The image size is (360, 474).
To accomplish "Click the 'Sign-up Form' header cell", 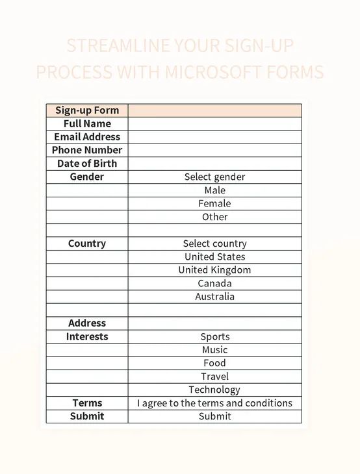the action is (x=87, y=110).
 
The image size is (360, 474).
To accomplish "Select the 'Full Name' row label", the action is (x=87, y=123).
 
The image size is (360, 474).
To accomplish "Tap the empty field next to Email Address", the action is (x=214, y=137).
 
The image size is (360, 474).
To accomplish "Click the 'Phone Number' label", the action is (x=87, y=150).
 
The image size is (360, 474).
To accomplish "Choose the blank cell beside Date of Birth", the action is (x=214, y=164).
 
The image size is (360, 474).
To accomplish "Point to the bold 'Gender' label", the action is (x=87, y=177).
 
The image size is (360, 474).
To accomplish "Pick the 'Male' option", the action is (x=214, y=190).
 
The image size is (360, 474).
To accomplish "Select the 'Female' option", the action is (x=214, y=203).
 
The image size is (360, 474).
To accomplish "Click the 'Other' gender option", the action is (x=214, y=217).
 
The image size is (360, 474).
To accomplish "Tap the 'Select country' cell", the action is (x=214, y=243).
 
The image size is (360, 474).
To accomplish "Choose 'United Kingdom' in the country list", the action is (x=214, y=270).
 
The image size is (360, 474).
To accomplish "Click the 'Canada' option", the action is (x=214, y=283).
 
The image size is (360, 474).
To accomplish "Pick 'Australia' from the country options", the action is (x=214, y=297).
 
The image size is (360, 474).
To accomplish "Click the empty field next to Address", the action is (x=214, y=323).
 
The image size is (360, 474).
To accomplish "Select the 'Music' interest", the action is (x=214, y=350).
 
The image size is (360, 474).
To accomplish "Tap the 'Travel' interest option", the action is (x=214, y=377).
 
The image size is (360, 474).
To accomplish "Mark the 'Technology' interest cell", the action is (x=214, y=390).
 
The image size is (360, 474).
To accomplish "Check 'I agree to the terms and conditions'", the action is (x=214, y=403).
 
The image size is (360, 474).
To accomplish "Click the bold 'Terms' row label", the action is (x=87, y=403).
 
